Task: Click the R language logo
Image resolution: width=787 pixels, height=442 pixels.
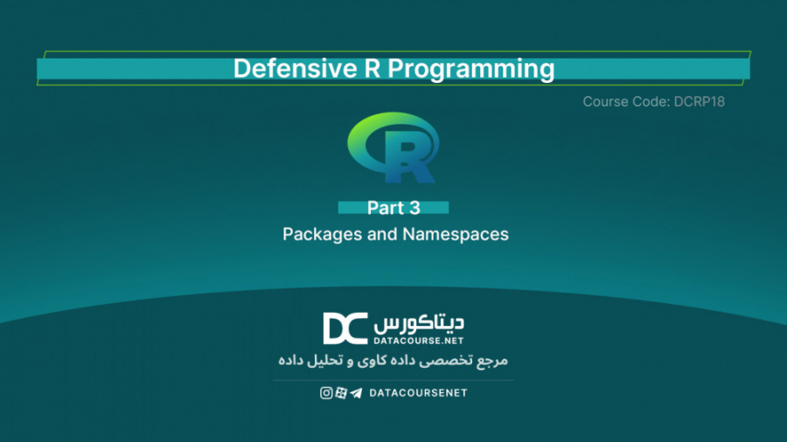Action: coord(393,148)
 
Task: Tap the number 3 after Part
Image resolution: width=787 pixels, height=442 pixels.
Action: coord(414,208)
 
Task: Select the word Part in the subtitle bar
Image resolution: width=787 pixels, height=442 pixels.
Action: coord(386,208)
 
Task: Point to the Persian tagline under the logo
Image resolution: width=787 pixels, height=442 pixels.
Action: coord(393,360)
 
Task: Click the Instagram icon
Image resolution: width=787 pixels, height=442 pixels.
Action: coord(326,393)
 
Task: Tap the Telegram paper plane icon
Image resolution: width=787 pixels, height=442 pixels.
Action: coord(356,393)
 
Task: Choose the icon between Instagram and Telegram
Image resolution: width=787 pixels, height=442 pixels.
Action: coord(341,393)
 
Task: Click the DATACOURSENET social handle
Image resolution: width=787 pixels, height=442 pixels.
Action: coord(418,393)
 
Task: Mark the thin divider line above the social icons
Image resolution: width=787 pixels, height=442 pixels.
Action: coord(393,380)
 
